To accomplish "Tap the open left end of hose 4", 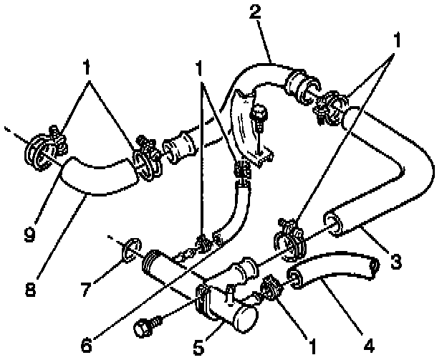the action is pos(294,277).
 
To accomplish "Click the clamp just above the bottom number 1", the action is pos(271,288).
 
